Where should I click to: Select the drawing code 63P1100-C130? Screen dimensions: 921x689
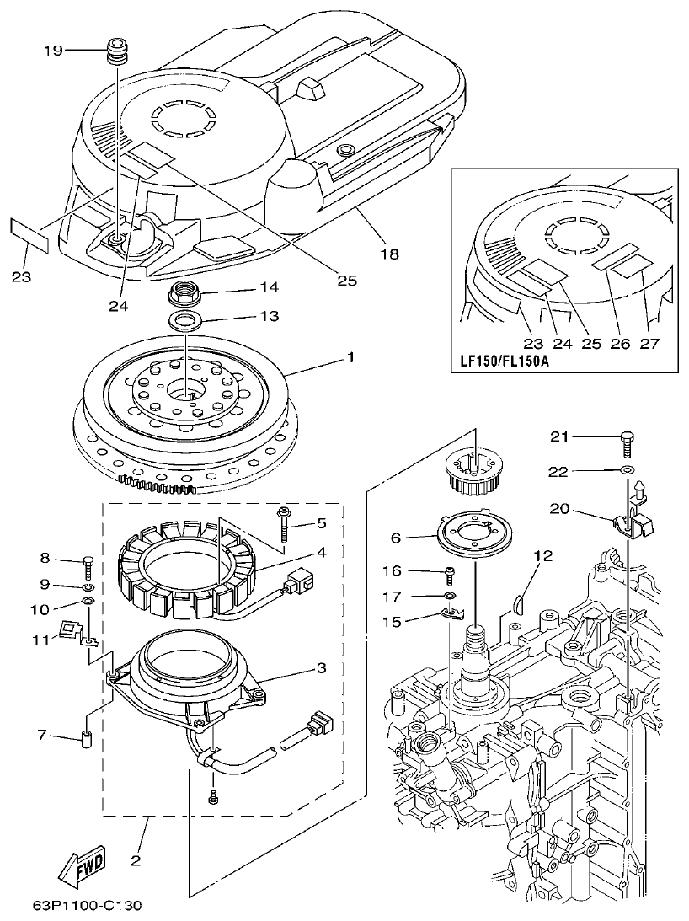pyautogui.click(x=87, y=907)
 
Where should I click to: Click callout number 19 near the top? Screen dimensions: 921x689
pyautogui.click(x=53, y=50)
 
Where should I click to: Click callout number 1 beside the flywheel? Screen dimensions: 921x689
pyautogui.click(x=350, y=357)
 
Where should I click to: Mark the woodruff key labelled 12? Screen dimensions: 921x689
pyautogui.click(x=519, y=602)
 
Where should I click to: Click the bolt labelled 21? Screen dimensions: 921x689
pyautogui.click(x=627, y=437)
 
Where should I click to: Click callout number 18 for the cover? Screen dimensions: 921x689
pyautogui.click(x=390, y=252)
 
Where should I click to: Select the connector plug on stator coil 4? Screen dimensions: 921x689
pyautogui.click(x=300, y=581)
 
